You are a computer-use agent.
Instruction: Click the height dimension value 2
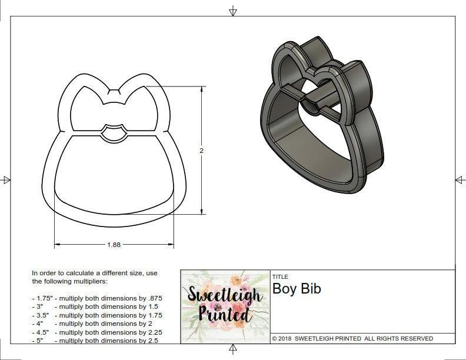tap(201, 151)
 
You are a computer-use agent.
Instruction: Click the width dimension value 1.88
tap(114, 245)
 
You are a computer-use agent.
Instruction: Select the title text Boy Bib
tap(297, 289)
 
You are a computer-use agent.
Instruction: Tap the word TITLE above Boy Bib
tap(279, 277)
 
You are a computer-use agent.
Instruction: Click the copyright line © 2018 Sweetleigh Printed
tap(352, 339)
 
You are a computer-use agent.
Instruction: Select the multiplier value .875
tap(153, 298)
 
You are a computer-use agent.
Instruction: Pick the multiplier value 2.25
tap(151, 332)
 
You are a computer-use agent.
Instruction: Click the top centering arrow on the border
tap(233, 11)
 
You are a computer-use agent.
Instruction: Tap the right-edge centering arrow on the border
tap(459, 179)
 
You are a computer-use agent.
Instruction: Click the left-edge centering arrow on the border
tap(6, 179)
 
